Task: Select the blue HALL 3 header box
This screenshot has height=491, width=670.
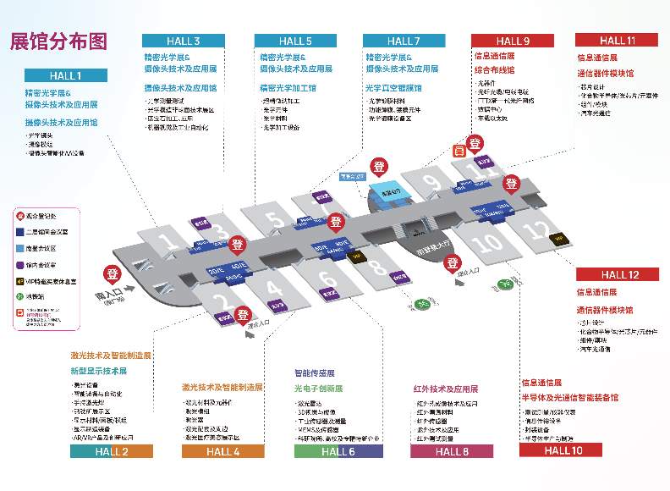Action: (184, 41)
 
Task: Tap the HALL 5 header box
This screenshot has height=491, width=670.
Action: (295, 41)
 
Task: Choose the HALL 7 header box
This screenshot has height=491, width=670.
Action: (404, 41)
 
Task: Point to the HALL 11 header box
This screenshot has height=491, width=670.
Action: (616, 40)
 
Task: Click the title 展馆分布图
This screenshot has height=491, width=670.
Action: (58, 42)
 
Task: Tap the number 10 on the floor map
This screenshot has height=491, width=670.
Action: (486, 246)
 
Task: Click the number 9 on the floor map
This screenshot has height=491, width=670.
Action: (432, 183)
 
